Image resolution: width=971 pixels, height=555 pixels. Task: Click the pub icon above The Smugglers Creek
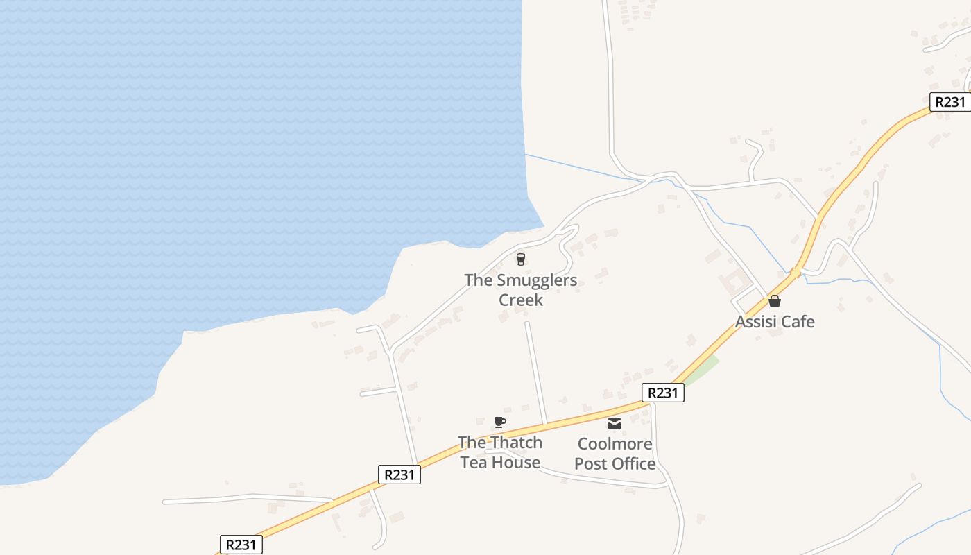[x=520, y=259]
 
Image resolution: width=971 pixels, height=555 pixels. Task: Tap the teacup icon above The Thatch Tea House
[x=499, y=422]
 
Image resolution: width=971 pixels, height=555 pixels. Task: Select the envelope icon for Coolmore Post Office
[x=615, y=424]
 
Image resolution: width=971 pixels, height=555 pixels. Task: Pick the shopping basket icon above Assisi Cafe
[x=775, y=301]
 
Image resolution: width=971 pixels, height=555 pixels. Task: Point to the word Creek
[x=521, y=300]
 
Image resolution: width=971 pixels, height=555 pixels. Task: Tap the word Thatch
[x=516, y=443]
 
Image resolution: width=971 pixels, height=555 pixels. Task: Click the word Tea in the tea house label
[x=475, y=463]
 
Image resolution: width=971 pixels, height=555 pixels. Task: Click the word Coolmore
[x=615, y=443]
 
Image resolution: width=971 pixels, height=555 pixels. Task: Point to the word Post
[x=591, y=463]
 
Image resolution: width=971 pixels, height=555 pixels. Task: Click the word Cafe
[x=798, y=322]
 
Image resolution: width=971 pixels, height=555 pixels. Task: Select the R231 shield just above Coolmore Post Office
[x=662, y=393]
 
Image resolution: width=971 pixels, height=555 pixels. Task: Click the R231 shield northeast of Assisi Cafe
[x=949, y=102]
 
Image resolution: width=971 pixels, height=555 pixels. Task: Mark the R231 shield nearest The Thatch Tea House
[x=399, y=475]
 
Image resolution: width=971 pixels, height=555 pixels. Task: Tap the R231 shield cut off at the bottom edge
[x=241, y=545]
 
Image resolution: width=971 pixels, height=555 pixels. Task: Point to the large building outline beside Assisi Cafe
[x=734, y=283]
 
